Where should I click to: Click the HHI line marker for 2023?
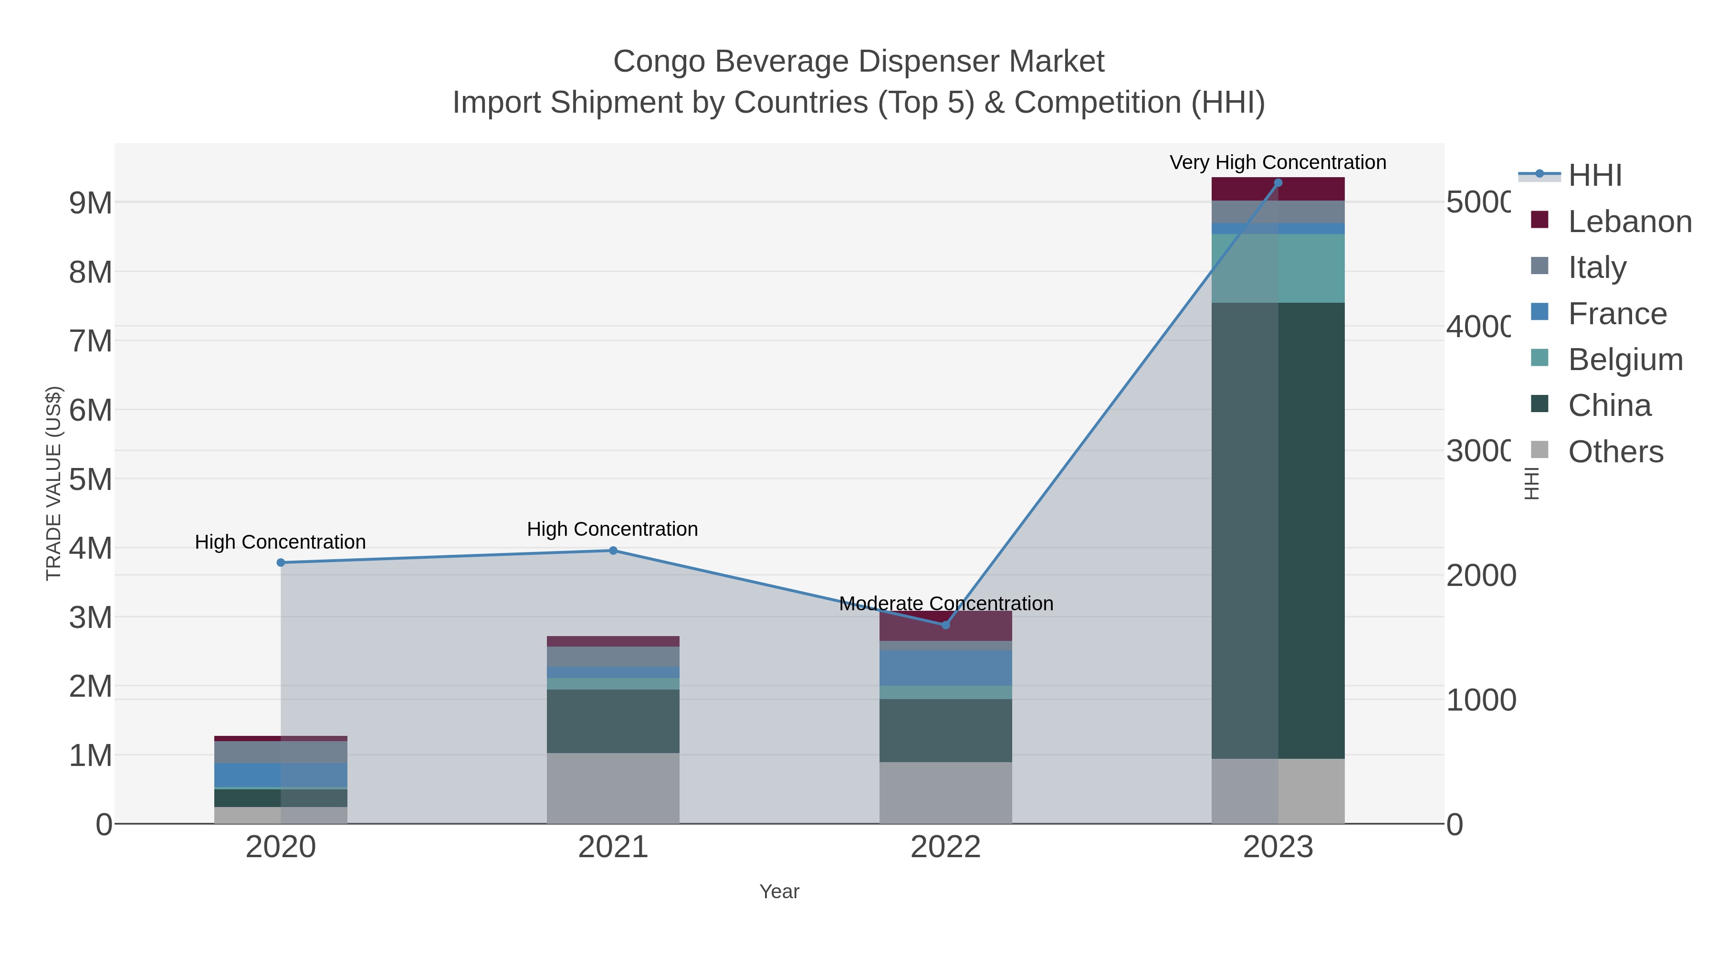[1278, 183]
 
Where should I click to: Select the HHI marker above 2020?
[281, 563]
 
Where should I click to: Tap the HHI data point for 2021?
[613, 551]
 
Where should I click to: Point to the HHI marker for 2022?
[945, 625]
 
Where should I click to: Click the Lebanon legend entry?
[1629, 222]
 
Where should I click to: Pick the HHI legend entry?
[1594, 176]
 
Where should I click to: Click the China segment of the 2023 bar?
[1278, 531]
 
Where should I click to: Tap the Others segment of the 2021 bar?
[613, 787]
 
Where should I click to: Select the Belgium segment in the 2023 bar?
[1278, 268]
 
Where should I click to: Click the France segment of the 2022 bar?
[945, 668]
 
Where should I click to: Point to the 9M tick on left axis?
[91, 203]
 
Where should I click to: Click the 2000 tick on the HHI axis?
[1480, 576]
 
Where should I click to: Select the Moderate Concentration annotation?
[946, 603]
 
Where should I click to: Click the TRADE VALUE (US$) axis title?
[53, 483]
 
